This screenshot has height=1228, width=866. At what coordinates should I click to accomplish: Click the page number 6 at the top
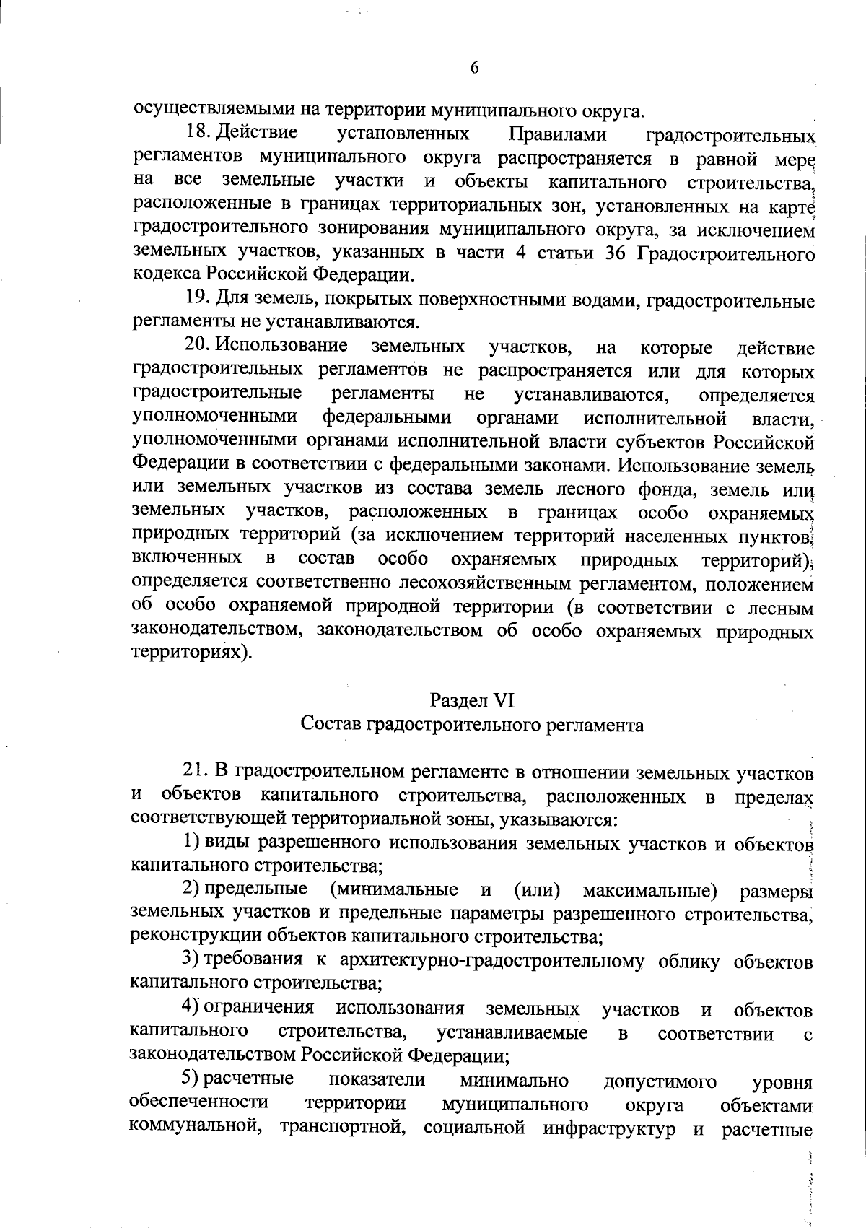pyautogui.click(x=474, y=69)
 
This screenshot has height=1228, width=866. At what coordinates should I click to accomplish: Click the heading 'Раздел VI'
pyautogui.click(x=472, y=700)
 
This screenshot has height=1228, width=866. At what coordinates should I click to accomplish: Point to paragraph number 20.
pyautogui.click(x=196, y=347)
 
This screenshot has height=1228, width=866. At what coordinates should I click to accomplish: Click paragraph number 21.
pyautogui.click(x=196, y=772)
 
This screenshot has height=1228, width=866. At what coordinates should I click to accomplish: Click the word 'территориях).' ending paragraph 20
pyautogui.click(x=192, y=652)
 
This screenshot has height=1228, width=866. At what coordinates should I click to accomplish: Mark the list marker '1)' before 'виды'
pyautogui.click(x=191, y=842)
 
